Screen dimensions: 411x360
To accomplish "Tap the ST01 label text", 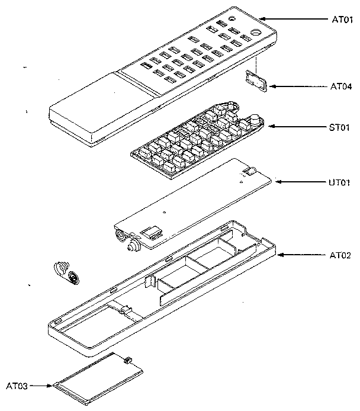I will [x=340, y=127].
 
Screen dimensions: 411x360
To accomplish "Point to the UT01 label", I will [x=340, y=182].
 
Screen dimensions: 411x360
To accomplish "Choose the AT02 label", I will [x=340, y=255].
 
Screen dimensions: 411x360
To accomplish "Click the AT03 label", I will [x=17, y=386].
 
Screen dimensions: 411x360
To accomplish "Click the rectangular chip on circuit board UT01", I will [x=152, y=230].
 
